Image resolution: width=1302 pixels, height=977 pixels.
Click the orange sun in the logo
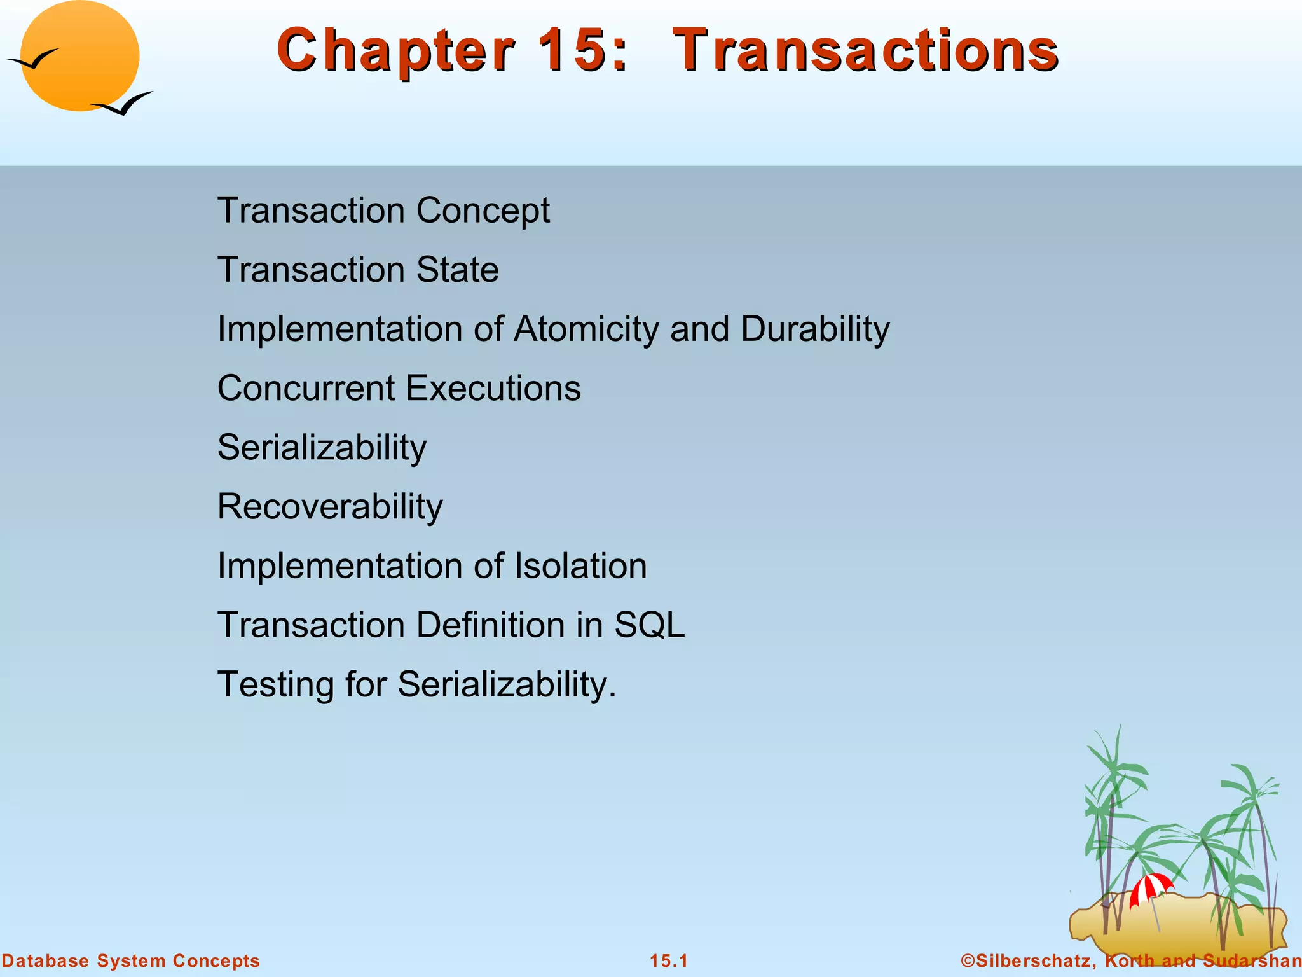(80, 56)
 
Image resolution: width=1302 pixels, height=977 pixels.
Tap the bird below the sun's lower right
(124, 104)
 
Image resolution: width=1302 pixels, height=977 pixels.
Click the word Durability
(815, 329)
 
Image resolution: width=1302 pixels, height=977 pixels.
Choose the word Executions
(493, 388)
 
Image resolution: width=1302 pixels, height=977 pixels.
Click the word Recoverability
(330, 507)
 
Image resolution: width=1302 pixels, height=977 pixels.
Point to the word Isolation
(580, 565)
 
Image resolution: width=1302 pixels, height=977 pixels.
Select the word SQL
(649, 625)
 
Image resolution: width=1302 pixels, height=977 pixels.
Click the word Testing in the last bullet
(276, 684)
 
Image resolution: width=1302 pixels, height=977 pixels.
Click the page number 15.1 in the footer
(669, 960)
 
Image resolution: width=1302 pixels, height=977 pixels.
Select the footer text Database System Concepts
(130, 960)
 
